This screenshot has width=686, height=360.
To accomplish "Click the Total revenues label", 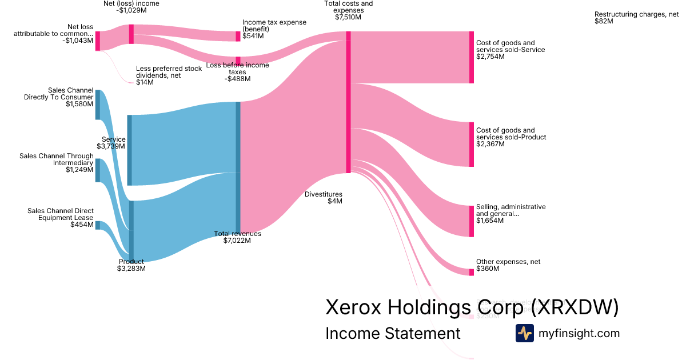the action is [237, 237].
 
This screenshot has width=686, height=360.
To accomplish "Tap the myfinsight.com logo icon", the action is [524, 333].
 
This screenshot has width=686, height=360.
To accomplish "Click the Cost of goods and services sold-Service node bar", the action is [471, 57].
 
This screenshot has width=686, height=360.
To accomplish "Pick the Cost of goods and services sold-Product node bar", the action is [471, 144].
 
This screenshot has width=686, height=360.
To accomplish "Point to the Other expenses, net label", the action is [508, 265].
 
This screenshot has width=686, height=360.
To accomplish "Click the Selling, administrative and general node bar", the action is [471, 220].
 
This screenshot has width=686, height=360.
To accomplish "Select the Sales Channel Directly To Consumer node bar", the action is [98, 105].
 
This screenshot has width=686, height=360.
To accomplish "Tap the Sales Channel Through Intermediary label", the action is [56, 162].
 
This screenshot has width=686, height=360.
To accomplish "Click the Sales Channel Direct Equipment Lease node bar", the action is [98, 225].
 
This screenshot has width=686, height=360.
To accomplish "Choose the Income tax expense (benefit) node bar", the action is [238, 36].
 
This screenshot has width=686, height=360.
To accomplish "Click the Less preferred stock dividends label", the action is [169, 75].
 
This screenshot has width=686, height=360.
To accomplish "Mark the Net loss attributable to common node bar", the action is [98, 41].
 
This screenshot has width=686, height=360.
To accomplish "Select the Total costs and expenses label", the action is [348, 10].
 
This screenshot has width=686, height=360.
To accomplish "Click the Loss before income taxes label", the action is [237, 72].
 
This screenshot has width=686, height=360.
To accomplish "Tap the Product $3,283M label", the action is [131, 265].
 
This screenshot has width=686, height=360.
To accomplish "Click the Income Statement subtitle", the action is [393, 333].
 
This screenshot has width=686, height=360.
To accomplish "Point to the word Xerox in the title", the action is [354, 307].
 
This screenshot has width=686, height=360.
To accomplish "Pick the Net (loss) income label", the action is [131, 7].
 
